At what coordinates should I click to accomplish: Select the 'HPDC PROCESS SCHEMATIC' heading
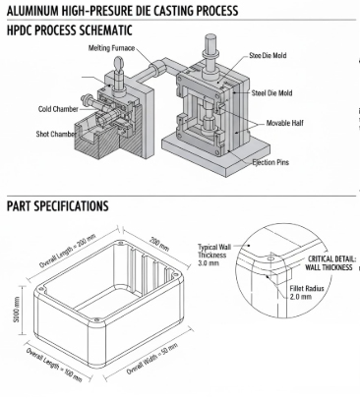pyautogui.click(x=69, y=31)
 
